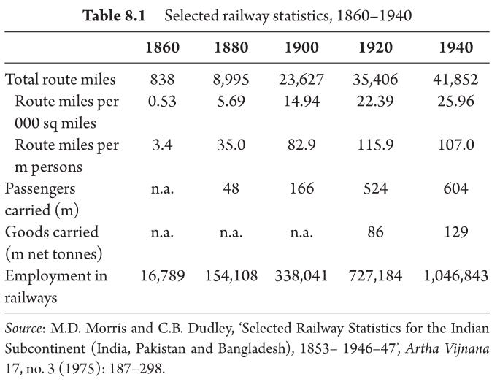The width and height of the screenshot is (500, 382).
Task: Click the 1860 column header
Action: pyautogui.click(x=162, y=47)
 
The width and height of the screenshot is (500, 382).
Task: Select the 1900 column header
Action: pyautogui.click(x=301, y=47)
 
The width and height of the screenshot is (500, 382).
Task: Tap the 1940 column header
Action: pyautogui.click(x=456, y=47)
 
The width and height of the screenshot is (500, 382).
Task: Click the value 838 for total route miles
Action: pyautogui.click(x=162, y=79)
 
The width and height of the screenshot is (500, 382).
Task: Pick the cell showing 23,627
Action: pyautogui.click(x=301, y=80)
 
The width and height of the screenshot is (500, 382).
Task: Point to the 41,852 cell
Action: pyautogui.click(x=455, y=80)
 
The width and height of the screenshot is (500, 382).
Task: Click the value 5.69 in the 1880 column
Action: pyautogui.click(x=231, y=102)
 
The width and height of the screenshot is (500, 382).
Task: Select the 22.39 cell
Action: pyautogui.click(x=375, y=102)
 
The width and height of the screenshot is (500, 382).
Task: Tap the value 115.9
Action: pyautogui.click(x=375, y=145)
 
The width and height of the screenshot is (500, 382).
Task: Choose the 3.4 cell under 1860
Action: pyautogui.click(x=162, y=145)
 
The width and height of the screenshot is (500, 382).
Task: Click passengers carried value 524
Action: pyautogui.click(x=375, y=188)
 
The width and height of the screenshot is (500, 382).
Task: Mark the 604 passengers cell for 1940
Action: pyautogui.click(x=455, y=188)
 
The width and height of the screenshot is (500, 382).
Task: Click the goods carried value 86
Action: pyautogui.click(x=375, y=232)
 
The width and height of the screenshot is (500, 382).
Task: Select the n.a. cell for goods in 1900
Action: pyautogui.click(x=301, y=233)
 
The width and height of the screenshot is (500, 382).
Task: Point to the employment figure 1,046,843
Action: pyautogui.click(x=455, y=276)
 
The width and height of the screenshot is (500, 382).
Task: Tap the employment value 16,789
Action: pyautogui.click(x=162, y=276)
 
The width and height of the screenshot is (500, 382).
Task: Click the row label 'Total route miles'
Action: pyautogui.click(x=61, y=79)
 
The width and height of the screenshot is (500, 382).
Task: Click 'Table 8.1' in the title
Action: pyautogui.click(x=114, y=15)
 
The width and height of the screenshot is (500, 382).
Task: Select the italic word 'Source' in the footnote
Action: pyautogui.click(x=23, y=329)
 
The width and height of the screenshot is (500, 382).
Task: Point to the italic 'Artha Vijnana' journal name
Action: pyautogui.click(x=447, y=348)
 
